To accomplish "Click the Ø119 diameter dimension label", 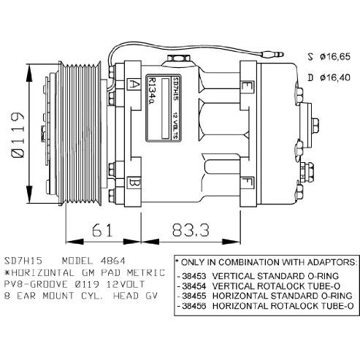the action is point(18,135).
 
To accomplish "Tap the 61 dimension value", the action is point(102,230).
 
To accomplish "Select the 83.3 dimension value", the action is point(191,230).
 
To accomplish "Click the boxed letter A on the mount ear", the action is point(134,85).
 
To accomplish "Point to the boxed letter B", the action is point(134,183).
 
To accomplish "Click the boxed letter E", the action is point(247,87).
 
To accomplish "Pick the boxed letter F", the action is point(247,183).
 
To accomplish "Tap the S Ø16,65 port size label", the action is point(329,57).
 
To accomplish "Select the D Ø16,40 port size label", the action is point(329,77).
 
